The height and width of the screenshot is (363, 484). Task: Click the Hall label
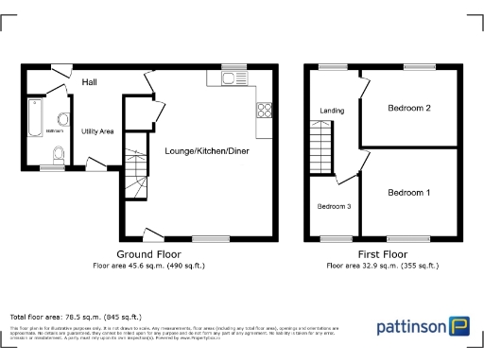91,82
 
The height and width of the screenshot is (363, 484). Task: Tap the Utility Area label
97,131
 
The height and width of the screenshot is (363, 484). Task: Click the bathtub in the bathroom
35,119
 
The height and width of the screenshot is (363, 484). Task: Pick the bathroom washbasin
62,118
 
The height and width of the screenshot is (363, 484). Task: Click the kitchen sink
232,78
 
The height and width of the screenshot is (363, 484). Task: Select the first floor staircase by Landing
326,149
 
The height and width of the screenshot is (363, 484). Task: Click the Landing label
332,111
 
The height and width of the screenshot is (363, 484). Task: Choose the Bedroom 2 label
409,108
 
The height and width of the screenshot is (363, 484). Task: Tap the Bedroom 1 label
409,193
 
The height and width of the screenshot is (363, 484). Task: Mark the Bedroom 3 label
333,207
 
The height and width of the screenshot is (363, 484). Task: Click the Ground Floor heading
149,254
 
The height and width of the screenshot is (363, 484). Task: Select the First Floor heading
382,254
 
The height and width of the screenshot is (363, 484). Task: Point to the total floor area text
76,316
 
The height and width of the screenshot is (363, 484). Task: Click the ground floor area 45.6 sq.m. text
148,266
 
